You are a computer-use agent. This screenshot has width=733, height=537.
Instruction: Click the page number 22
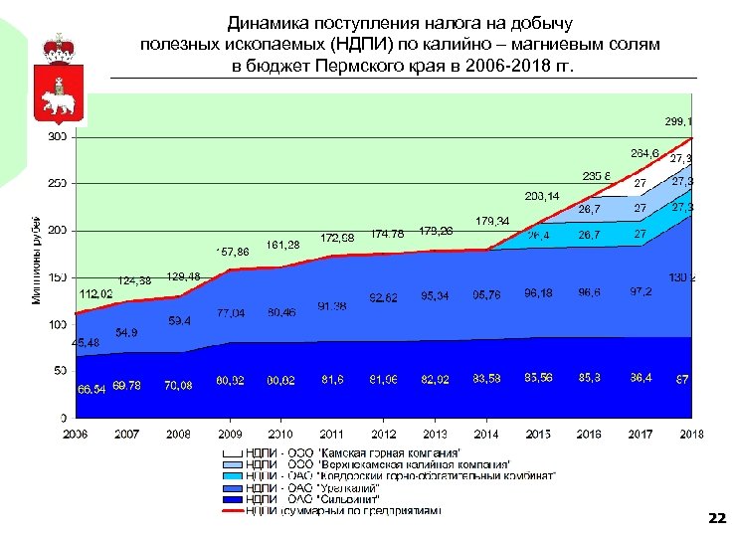point(715,518)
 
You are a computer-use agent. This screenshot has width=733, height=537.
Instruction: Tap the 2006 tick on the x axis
point(76,434)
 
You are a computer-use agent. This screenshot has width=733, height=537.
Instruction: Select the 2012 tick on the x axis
point(384,434)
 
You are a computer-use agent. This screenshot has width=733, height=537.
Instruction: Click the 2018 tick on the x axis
point(691,434)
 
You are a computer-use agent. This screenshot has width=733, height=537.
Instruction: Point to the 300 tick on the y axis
point(59,137)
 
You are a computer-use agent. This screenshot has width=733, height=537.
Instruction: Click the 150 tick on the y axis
point(59,277)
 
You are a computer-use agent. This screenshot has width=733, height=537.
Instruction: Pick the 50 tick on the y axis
point(62,371)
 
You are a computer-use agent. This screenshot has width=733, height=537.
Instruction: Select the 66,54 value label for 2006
point(91,389)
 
